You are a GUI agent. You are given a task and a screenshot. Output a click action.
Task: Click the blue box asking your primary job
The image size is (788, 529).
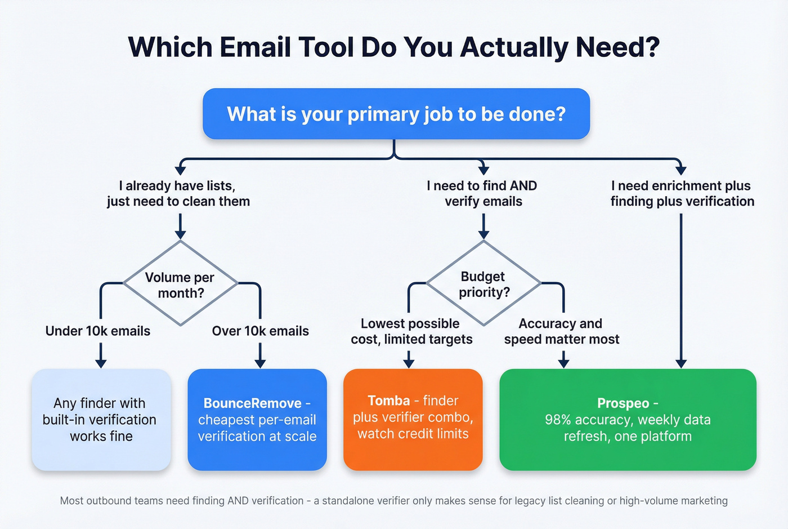[x=396, y=114]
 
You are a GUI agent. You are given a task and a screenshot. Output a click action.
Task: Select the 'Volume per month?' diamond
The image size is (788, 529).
[x=180, y=284]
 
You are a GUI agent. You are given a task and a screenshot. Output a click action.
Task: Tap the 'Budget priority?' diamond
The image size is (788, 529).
[x=483, y=284]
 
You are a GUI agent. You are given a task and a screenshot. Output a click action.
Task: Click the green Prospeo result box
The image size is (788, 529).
[x=628, y=420]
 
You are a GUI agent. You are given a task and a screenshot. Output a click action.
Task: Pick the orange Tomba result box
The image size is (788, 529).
[x=413, y=420]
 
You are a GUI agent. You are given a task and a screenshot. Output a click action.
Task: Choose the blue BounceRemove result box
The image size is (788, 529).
[x=257, y=420]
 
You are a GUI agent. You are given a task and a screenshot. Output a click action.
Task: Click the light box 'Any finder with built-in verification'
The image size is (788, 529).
[x=101, y=420]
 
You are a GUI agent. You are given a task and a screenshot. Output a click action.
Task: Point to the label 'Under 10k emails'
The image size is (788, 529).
[x=98, y=331]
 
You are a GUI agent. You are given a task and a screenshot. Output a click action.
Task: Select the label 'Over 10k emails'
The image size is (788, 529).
[x=260, y=331]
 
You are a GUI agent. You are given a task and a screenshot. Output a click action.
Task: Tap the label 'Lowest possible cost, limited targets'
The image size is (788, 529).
[x=411, y=331]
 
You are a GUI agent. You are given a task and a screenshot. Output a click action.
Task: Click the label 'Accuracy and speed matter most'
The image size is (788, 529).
[x=561, y=331]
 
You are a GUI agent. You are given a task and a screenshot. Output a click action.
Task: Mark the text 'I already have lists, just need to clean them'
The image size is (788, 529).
[x=178, y=193]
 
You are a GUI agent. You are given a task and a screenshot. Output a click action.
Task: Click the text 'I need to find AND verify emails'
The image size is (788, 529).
[x=482, y=193]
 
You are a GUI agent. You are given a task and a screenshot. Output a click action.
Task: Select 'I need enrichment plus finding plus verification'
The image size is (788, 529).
[x=682, y=193]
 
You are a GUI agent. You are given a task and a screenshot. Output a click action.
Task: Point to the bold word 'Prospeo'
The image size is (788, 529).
[x=623, y=403]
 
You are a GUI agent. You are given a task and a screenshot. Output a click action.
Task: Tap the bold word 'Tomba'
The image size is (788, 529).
[x=388, y=401]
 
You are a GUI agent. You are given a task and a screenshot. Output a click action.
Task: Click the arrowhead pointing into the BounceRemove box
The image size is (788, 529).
[x=260, y=363]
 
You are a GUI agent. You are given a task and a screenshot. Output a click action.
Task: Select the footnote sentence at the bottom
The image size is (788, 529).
[x=393, y=500]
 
